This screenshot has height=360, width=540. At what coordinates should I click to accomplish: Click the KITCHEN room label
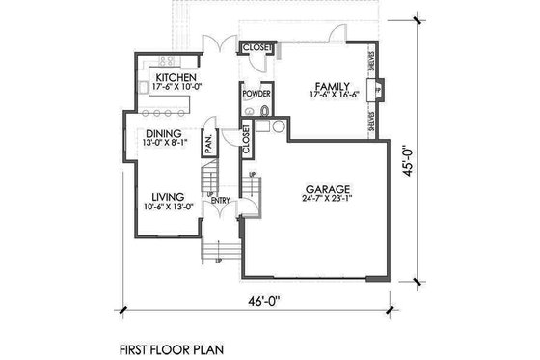176,76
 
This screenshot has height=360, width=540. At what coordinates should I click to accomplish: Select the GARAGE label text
329,189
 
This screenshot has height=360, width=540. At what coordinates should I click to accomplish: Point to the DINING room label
164,135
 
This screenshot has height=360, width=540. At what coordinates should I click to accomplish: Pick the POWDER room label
256,94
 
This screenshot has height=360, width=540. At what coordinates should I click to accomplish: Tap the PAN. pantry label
207,145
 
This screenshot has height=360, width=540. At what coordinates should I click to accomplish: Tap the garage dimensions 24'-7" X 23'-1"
329,201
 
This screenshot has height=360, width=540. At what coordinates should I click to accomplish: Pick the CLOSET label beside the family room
257,47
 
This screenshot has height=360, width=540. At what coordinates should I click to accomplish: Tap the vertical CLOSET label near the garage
247,142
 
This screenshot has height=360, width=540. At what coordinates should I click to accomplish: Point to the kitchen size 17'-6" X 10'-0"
176,87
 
